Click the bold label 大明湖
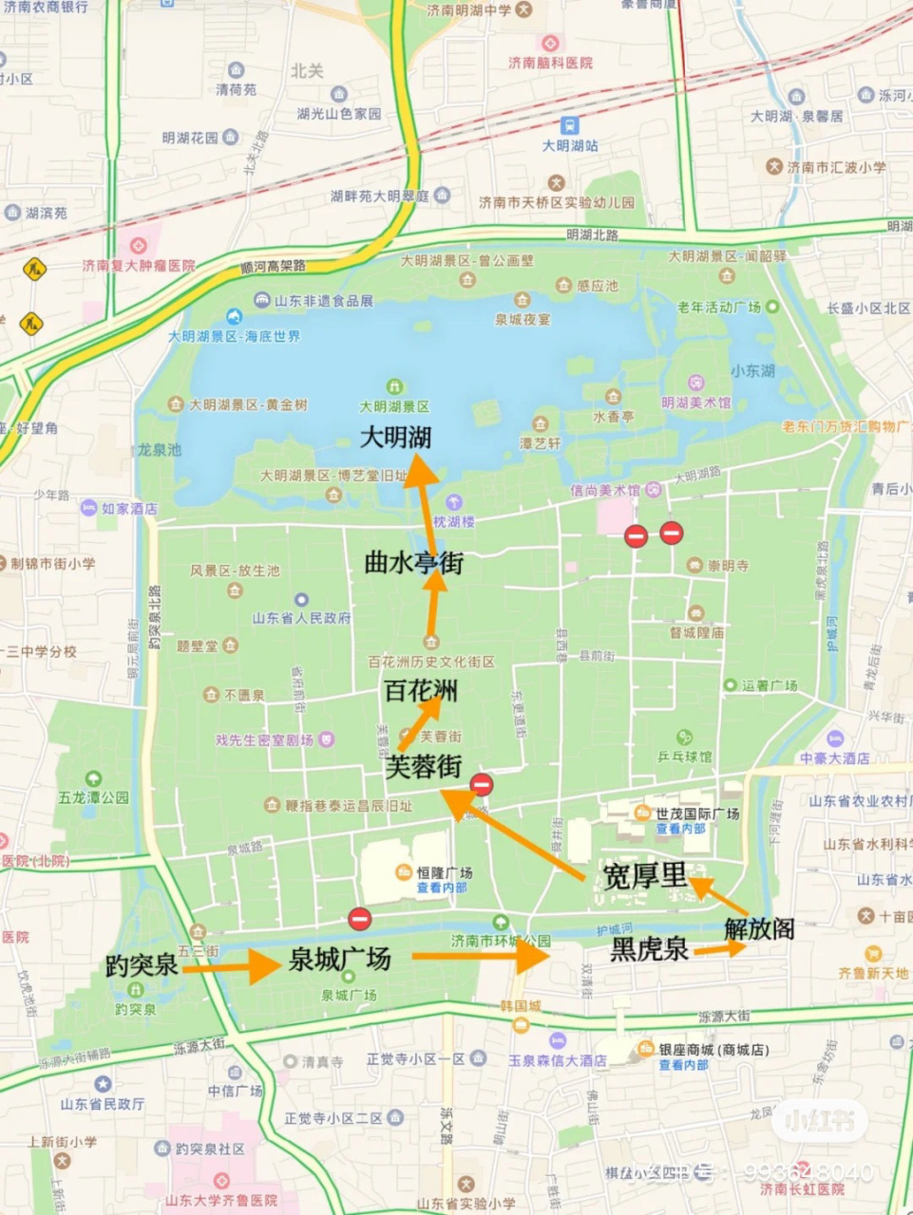coord(395,438)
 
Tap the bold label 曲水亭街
coord(414,563)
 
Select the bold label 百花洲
coord(420,691)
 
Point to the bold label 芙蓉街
coord(424,766)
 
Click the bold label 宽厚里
coord(645,875)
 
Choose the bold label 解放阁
coord(758,928)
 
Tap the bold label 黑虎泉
coord(649,948)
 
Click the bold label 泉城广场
coord(340,960)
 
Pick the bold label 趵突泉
coord(142,966)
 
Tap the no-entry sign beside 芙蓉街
coord(482,785)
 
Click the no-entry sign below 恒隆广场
coord(359,918)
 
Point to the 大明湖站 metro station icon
coord(569,125)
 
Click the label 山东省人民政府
coord(301,618)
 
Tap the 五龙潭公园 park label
coord(93,797)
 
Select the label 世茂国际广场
coord(697,813)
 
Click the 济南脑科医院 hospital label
coord(550,63)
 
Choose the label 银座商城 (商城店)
coord(714,1050)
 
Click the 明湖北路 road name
coord(592,234)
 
